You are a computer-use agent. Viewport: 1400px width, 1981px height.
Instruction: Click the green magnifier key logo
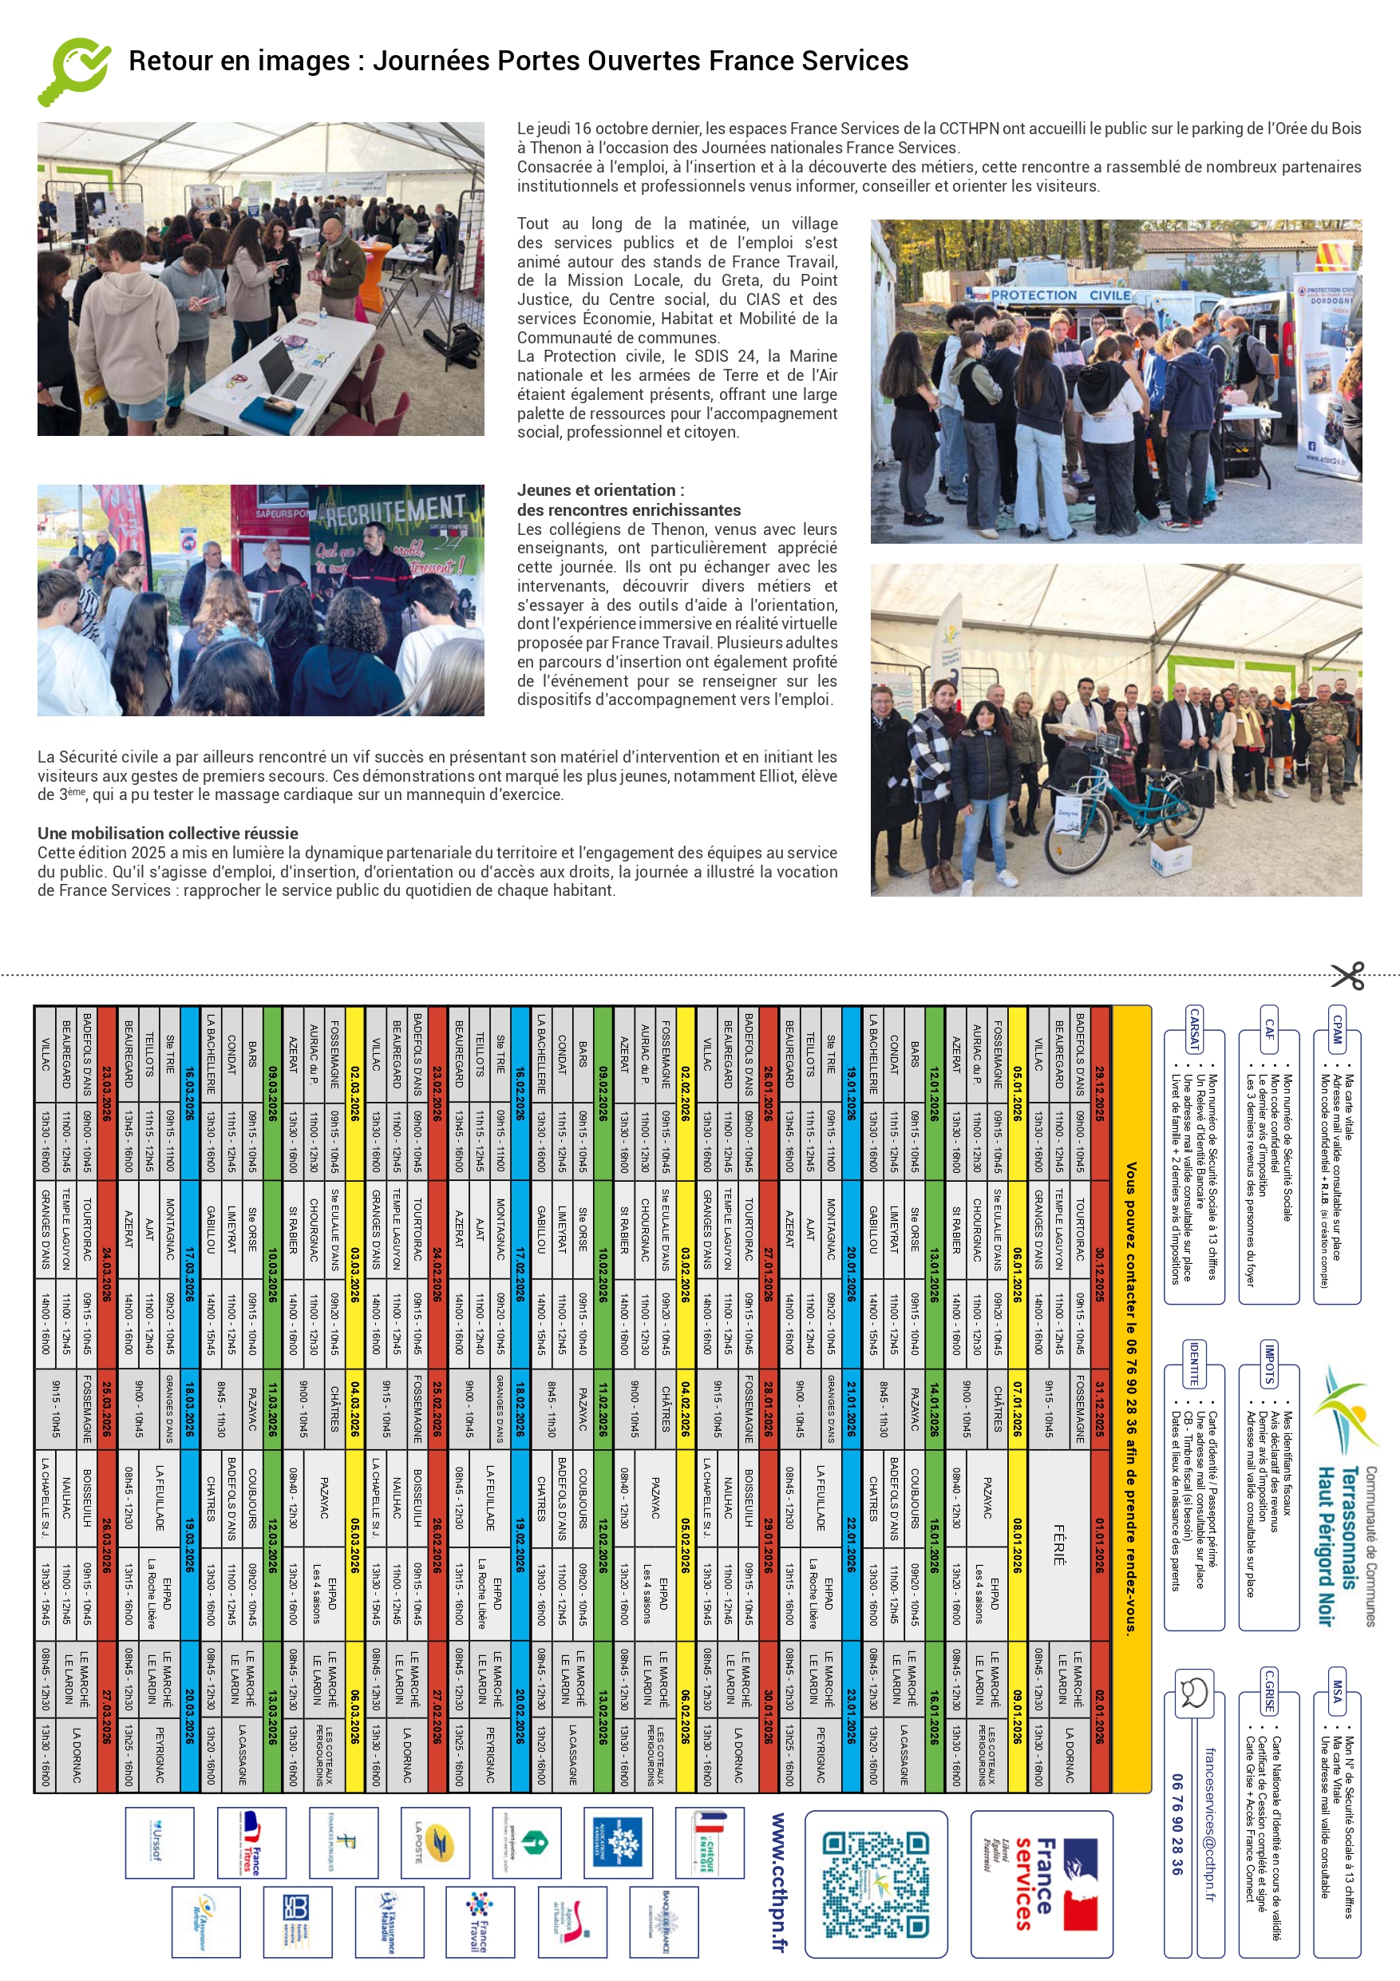(74, 71)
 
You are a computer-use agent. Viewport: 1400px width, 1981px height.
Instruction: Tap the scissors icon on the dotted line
(1347, 976)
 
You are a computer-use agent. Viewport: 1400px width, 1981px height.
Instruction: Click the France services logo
(1041, 1884)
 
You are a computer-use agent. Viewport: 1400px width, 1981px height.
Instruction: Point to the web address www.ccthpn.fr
(778, 1881)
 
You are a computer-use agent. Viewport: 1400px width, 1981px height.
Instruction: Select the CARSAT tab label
(1194, 1030)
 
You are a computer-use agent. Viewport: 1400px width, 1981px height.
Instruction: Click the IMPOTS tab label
(1269, 1364)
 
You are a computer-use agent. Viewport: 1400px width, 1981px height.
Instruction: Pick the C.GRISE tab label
(1269, 1692)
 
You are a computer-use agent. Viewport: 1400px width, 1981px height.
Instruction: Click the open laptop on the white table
(287, 371)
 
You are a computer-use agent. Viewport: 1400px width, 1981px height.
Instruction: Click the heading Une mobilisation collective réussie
(168, 834)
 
